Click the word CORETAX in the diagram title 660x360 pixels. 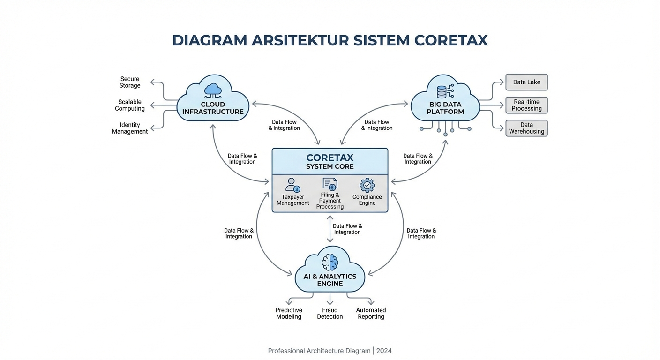coord(451,40)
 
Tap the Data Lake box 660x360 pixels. coord(526,82)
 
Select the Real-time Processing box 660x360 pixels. coord(526,105)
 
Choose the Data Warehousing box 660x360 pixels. coord(526,128)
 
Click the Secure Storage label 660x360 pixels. coord(130,82)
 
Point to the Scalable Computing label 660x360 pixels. coord(130,105)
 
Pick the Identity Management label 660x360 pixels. coord(130,128)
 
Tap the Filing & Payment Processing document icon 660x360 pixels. coord(330,184)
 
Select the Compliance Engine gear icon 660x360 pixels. coord(367,185)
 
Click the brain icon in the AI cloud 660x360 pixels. coord(330,262)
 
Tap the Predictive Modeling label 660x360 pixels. coord(289,313)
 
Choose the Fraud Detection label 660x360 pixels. coord(330,313)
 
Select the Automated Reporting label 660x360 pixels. coord(371,313)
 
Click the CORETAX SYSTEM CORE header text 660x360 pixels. coord(330,162)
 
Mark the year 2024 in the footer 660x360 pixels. coord(384,351)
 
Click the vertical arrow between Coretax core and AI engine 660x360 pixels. coord(330,229)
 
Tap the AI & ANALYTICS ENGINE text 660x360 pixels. coord(330,280)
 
